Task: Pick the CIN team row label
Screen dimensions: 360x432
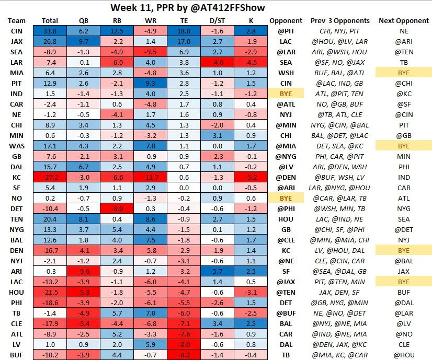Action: [16, 31]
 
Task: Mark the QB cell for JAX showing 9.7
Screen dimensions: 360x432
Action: [84, 42]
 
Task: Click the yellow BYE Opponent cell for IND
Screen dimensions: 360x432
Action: [286, 94]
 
